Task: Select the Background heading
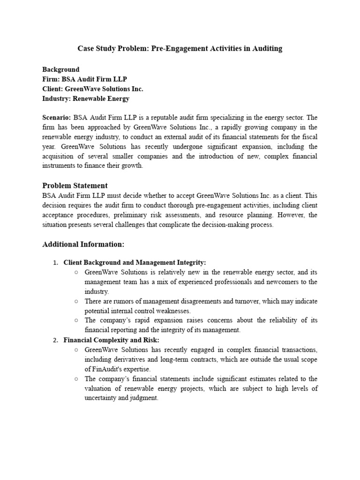61,69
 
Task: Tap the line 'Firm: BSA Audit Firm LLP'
85,79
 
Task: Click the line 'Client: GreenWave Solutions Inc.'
93,89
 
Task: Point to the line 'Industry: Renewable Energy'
86,98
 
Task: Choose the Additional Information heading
83,244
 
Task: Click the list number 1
55,262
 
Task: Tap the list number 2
55,340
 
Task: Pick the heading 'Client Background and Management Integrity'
135,262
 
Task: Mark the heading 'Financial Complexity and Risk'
112,340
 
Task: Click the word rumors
126,301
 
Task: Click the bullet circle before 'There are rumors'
76,301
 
